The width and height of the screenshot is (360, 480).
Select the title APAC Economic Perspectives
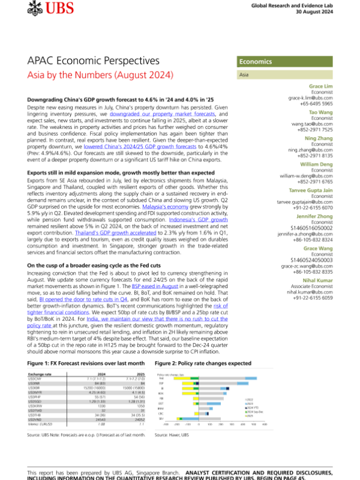pyautogui.click(x=94, y=61)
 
